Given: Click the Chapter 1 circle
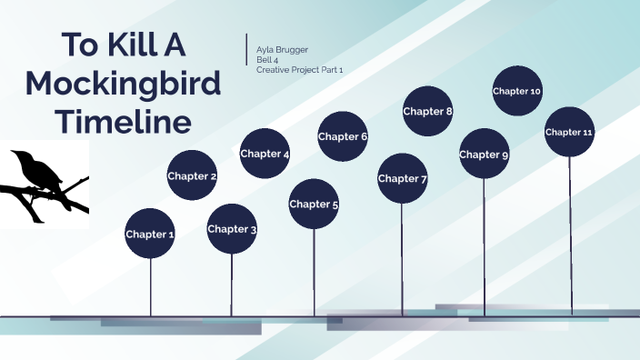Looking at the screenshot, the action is coord(150,234).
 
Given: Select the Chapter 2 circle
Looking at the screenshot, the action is coord(192,175).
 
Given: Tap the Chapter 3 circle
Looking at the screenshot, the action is coord(232,228).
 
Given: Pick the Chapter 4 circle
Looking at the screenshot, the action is coord(265,154).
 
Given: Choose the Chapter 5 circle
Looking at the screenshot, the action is coord(314,204).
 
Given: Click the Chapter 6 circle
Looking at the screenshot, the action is coord(343,136).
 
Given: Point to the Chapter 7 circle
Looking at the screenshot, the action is coord(402,178).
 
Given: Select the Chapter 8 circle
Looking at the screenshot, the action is coord(428,111).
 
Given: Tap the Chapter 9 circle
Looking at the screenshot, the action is coord(484,154).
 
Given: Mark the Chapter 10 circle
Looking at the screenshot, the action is coord(517,91).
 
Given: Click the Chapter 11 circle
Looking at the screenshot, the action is coord(569,132).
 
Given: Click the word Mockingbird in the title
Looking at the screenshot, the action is coord(124,85).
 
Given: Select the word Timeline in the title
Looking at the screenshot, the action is coord(124,121).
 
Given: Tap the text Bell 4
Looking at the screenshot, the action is coord(267,59).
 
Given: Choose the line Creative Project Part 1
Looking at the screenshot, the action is coord(300,69).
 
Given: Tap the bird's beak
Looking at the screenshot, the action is coord(15,155).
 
